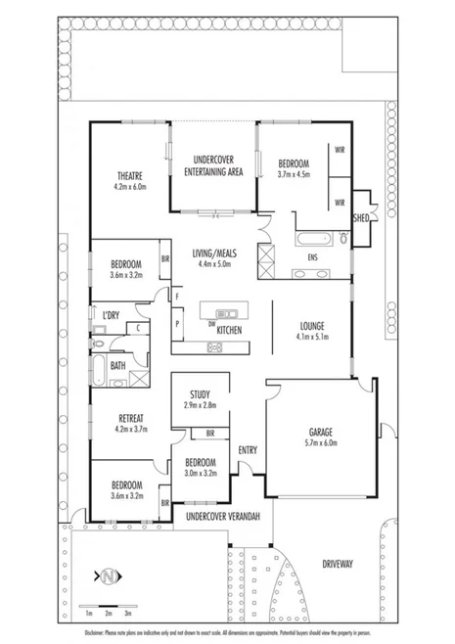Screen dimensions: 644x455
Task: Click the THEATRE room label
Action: [x=128, y=175]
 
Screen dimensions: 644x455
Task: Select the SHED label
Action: [x=361, y=218]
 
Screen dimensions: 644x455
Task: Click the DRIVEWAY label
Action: [x=336, y=564]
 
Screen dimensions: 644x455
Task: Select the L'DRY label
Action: [x=111, y=315]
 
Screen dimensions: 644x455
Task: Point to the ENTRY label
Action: [x=249, y=449]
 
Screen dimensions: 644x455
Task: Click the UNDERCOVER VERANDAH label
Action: [x=222, y=515]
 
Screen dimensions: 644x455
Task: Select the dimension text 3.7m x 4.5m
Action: [x=293, y=175]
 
